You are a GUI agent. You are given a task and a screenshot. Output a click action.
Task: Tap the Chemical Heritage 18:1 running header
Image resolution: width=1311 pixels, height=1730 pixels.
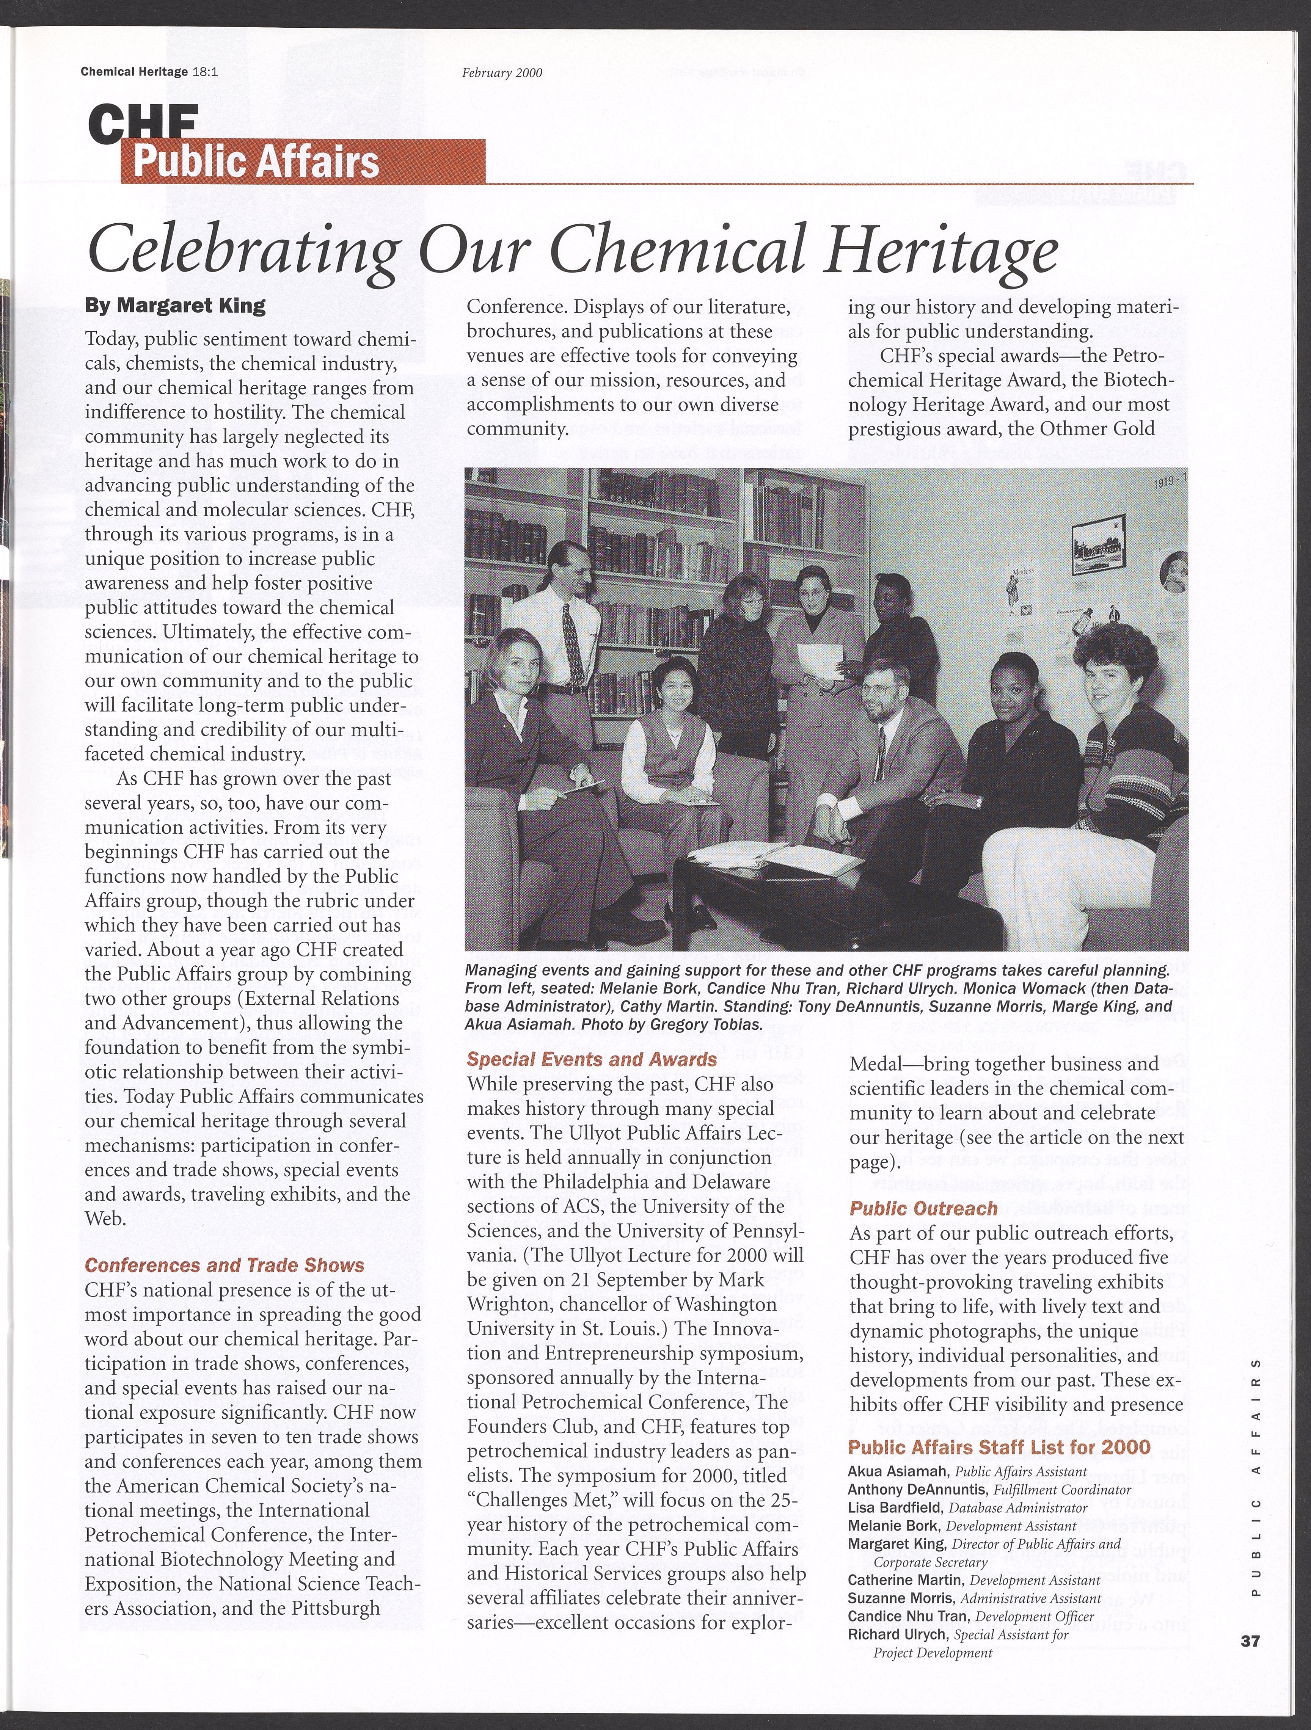[x=149, y=72]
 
